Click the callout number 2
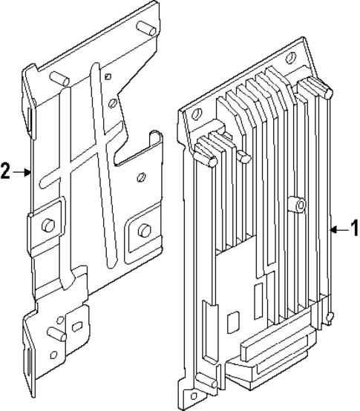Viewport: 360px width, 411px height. click(x=5, y=172)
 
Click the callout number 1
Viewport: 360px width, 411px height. click(x=353, y=229)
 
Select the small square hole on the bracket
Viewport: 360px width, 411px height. click(x=107, y=77)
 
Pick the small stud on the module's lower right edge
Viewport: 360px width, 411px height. click(x=330, y=318)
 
